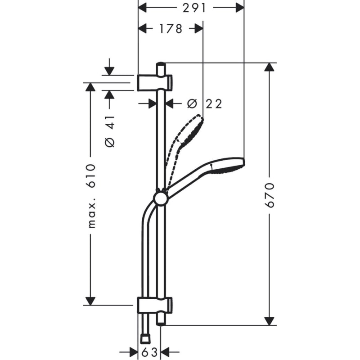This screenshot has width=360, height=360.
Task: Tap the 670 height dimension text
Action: pos(270,195)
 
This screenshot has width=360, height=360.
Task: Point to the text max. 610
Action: pos(91,196)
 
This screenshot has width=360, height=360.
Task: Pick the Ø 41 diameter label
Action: pos(110,131)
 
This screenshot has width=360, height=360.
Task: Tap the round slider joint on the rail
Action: pos(160,198)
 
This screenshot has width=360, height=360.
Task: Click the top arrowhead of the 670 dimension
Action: pos(269,67)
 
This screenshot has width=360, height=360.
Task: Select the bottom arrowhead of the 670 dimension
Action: pos(269,320)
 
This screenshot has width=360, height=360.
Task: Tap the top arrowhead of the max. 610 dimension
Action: pos(91,87)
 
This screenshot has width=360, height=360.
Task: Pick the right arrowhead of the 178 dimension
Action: pos(198,29)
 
